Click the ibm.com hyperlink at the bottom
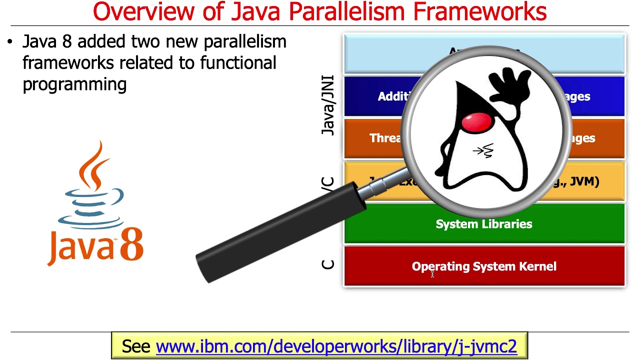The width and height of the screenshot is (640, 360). coord(336,346)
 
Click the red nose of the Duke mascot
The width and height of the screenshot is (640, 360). coord(476,121)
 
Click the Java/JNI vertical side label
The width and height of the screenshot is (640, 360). coord(328,105)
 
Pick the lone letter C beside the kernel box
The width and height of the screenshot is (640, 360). coord(328,264)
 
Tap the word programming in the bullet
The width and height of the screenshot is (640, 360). coord(74,84)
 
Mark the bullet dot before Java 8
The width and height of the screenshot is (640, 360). coord(10,42)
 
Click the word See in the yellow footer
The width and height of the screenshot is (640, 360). coord(136,346)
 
